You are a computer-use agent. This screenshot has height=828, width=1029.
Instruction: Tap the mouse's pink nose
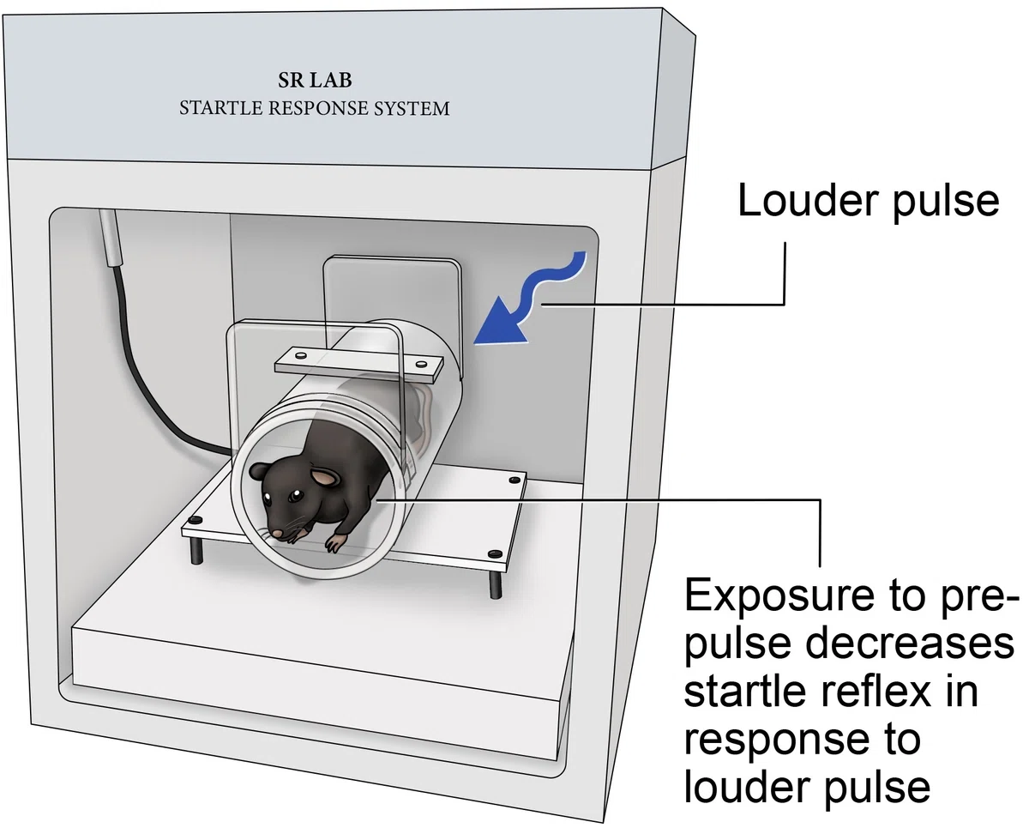[x=277, y=533]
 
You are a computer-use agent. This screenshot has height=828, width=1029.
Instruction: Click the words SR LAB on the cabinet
[x=315, y=80]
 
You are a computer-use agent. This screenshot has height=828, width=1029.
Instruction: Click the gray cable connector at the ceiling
[x=111, y=237]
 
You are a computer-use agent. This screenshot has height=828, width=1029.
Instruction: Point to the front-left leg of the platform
[x=196, y=549]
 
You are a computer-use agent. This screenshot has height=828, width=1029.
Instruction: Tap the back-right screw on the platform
[x=514, y=480]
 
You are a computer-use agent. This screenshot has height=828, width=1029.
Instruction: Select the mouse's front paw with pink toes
[x=335, y=543]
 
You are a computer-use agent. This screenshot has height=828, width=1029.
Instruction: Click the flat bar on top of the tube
[x=358, y=366]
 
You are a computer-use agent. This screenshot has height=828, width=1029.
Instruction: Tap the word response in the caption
[x=779, y=740]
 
